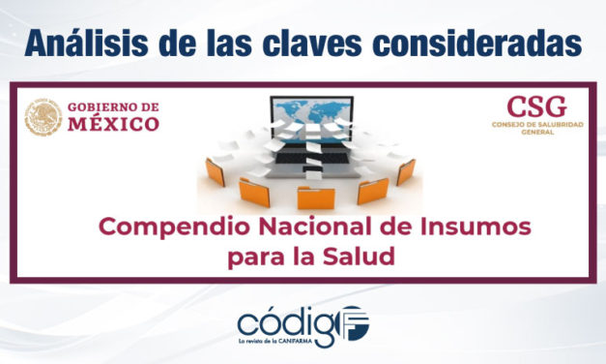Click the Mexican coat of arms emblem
(43, 115)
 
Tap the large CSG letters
(536, 107)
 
